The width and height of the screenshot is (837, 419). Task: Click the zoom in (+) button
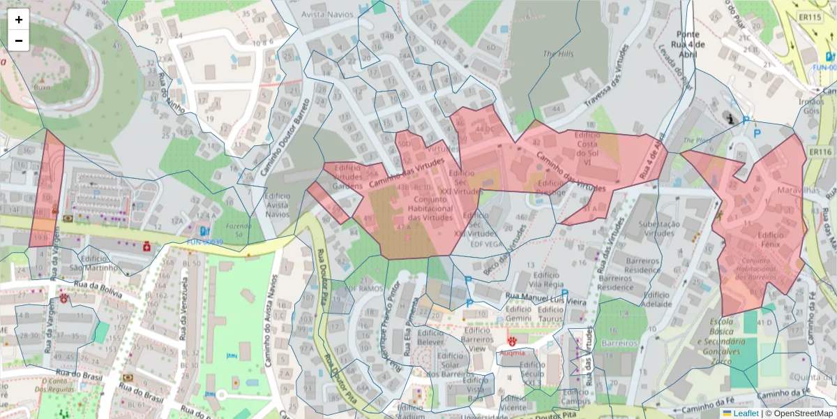18,20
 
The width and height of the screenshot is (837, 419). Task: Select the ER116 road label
822,152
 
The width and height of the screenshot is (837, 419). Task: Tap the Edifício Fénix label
770,240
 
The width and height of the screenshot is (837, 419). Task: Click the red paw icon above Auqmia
513,341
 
